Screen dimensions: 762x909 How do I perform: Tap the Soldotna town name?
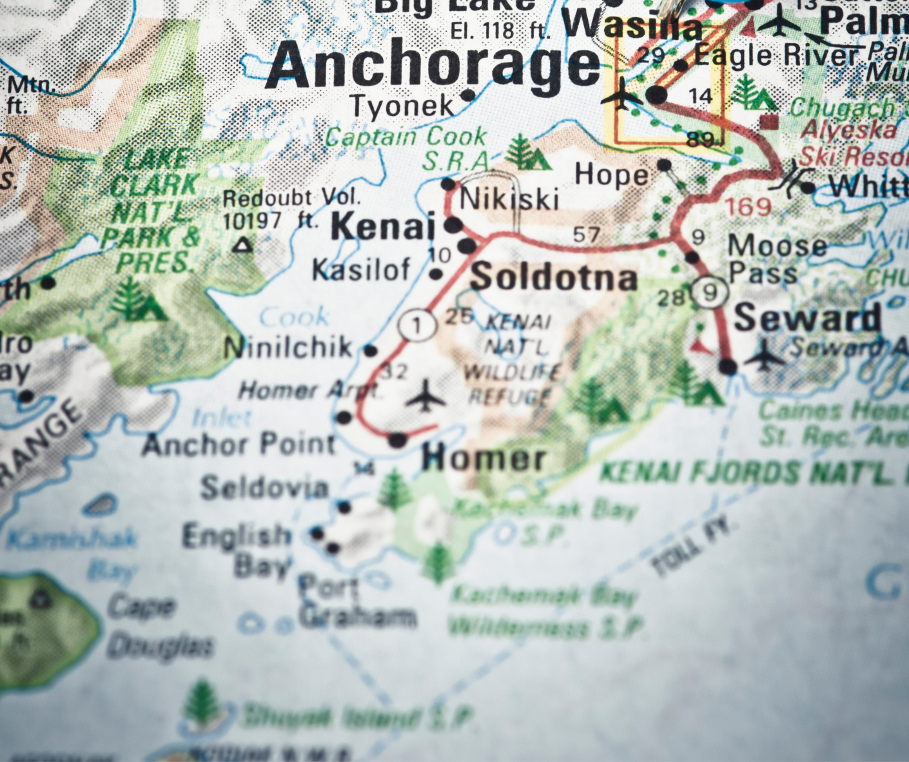[x=553, y=277]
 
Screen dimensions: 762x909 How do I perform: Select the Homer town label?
[x=484, y=458]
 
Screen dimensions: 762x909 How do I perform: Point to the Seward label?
[x=807, y=318]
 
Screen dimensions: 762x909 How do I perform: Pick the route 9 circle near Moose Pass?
[x=710, y=293]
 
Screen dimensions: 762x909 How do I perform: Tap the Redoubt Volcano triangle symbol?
[x=242, y=245]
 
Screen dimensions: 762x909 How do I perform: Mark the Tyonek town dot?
[x=469, y=95]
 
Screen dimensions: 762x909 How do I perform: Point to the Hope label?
[x=611, y=175]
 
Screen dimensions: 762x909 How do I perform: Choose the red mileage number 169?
[x=748, y=207]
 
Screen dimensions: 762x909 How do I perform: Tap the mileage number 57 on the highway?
[x=586, y=235]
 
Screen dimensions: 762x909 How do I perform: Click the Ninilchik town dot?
[x=370, y=351]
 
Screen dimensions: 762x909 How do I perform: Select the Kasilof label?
[x=361, y=270]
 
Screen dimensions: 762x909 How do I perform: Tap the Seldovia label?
[x=264, y=487]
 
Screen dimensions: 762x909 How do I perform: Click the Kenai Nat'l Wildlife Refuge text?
[x=513, y=358]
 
